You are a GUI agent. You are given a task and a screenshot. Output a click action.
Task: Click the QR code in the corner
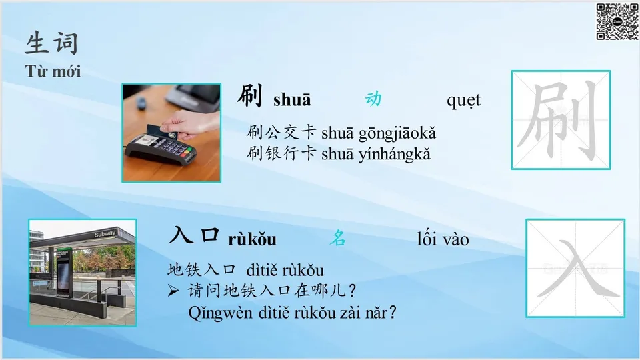pyautogui.click(x=617, y=21)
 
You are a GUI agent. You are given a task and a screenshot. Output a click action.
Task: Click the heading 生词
pyautogui.click(x=52, y=43)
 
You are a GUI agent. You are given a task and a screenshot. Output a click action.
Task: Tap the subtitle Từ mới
pyautogui.click(x=53, y=71)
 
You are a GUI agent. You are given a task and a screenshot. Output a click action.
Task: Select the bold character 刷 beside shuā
pyautogui.click(x=251, y=97)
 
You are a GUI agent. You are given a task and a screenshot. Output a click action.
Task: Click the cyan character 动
pyautogui.click(x=373, y=99)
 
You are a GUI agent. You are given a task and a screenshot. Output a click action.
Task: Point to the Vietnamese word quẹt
pyautogui.click(x=463, y=100)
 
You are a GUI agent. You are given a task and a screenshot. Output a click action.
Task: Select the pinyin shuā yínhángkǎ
pyautogui.click(x=376, y=154)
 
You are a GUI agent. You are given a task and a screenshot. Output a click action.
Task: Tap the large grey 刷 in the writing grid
pyautogui.click(x=561, y=120)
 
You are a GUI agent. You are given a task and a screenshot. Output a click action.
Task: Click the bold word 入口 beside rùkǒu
pyautogui.click(x=195, y=237)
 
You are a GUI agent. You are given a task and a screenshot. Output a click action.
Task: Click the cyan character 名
pyautogui.click(x=338, y=239)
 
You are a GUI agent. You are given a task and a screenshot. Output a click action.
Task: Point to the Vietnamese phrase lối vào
pyautogui.click(x=443, y=239)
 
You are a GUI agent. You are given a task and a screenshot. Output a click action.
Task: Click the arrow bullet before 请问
pyautogui.click(x=173, y=291)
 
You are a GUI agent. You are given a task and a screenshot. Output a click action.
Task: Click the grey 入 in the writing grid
pyautogui.click(x=575, y=269)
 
